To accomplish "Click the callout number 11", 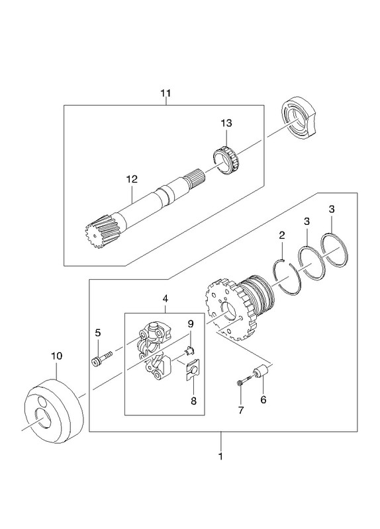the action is tap(166, 93).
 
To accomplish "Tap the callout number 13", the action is tap(226, 123).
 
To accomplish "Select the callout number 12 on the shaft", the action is tap(132, 179).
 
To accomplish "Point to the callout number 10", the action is tap(57, 356).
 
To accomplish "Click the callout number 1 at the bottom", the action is tap(220, 456).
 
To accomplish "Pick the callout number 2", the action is tap(282, 235).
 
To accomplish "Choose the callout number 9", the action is tap(191, 324).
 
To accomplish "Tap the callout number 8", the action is tap(193, 401).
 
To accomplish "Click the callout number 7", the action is tap(240, 410).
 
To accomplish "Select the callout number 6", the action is tap(263, 400).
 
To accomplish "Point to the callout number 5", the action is tap(97, 333).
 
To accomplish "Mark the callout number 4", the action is tap(165, 299).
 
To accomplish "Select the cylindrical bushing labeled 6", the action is tap(261, 371).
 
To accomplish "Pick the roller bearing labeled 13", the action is tap(226, 161).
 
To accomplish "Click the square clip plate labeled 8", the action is tap(193, 370).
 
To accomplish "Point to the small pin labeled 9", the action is tap(189, 351).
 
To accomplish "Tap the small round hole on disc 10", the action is tap(43, 401).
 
